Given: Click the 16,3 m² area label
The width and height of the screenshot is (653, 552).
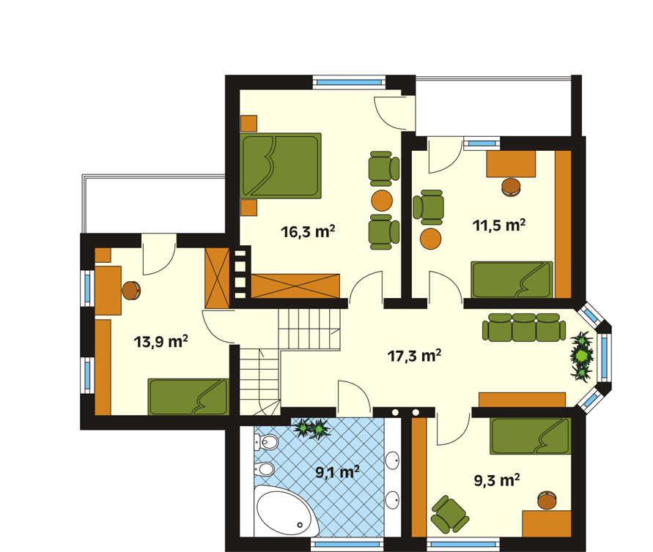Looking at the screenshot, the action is [x=308, y=231].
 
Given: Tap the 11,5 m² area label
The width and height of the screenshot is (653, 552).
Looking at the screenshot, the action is [x=499, y=225].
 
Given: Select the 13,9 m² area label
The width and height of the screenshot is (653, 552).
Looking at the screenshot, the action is [x=161, y=341].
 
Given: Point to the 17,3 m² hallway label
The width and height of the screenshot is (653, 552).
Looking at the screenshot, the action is [x=414, y=356].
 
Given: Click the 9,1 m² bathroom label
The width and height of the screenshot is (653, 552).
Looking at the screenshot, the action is [x=337, y=472].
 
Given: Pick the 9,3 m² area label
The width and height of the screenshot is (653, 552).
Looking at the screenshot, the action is [x=497, y=480].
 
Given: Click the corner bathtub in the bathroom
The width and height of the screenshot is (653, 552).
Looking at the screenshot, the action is [x=285, y=511].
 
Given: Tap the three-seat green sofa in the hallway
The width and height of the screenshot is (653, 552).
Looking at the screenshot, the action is [x=524, y=327].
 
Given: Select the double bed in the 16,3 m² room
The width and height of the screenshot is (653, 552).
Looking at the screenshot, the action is [x=280, y=165].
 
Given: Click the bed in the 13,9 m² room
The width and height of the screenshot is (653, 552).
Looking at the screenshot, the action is [x=188, y=397].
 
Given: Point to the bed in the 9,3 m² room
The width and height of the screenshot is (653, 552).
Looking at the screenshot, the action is [x=530, y=436].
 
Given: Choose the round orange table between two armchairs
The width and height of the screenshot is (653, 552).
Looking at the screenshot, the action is [x=382, y=201].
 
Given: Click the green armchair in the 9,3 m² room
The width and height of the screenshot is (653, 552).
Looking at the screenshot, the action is [x=449, y=514].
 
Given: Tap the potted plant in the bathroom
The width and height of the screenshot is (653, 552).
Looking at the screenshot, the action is [x=312, y=429].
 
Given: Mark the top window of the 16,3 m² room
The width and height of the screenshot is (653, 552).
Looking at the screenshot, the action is [x=350, y=82].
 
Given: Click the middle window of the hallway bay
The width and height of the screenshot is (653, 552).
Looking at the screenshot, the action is [x=604, y=357].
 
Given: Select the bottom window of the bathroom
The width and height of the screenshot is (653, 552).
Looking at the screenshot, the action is [x=347, y=544].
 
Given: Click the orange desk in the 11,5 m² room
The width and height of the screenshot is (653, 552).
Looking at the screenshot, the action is [x=511, y=164].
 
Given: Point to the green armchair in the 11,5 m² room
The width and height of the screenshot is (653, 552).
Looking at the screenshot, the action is [x=429, y=207].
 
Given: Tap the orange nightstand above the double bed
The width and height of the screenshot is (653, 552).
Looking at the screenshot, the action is [x=248, y=124].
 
